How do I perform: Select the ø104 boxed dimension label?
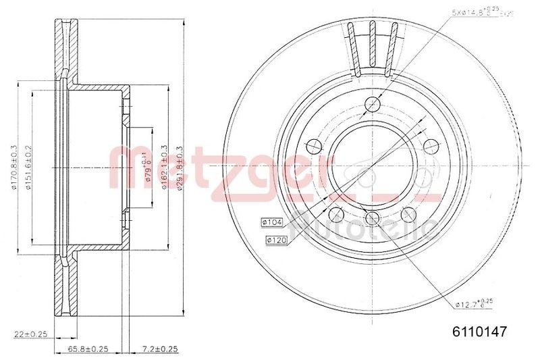point(271,222)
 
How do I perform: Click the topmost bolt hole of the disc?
point(371,104)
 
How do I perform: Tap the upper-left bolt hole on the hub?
point(313,145)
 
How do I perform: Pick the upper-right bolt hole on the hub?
point(429,145)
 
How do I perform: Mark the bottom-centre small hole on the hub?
point(371,217)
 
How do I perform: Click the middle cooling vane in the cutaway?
point(371,47)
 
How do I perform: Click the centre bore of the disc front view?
point(371,165)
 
